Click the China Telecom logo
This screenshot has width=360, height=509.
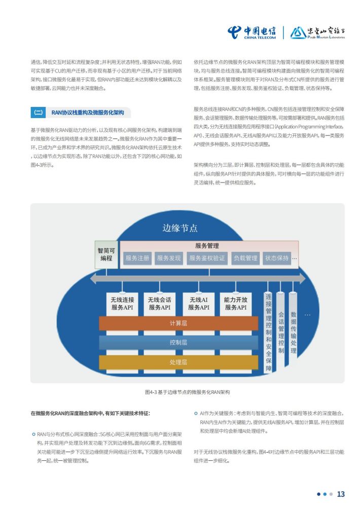[x=251, y=32]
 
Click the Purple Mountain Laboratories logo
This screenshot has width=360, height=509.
[x=317, y=32]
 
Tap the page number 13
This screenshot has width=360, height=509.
[x=341, y=494]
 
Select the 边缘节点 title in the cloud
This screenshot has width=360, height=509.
[x=180, y=228]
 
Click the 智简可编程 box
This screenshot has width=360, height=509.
[x=106, y=254]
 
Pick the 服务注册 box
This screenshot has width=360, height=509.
[x=137, y=258]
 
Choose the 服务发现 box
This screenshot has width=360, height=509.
[x=169, y=258]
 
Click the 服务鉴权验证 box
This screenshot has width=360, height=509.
[x=207, y=258]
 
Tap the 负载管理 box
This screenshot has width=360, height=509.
[x=245, y=258]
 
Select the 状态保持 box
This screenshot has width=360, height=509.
[x=277, y=258]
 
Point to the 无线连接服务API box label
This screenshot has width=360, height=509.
[x=122, y=304]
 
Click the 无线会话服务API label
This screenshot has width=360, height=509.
[x=159, y=304]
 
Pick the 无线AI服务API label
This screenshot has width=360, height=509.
[x=199, y=304]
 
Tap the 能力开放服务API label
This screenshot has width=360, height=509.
[x=236, y=304]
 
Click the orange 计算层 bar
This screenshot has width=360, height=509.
[x=178, y=323]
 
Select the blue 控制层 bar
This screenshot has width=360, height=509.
[x=178, y=342]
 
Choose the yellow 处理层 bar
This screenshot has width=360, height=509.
[x=178, y=362]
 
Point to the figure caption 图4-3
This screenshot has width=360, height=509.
[x=187, y=392]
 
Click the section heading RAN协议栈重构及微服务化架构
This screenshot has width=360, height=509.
[x=88, y=113]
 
